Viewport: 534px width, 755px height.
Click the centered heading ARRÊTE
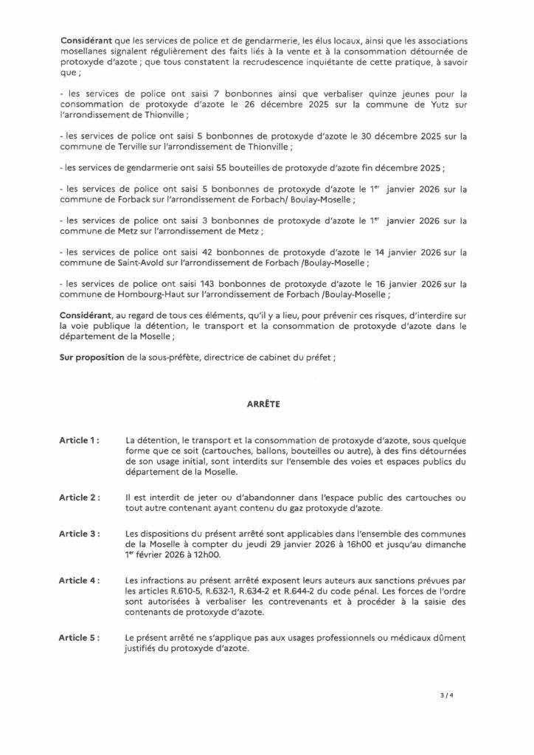(266, 405)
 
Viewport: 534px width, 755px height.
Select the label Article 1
(80, 440)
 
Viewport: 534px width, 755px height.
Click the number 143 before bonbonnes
(215, 285)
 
